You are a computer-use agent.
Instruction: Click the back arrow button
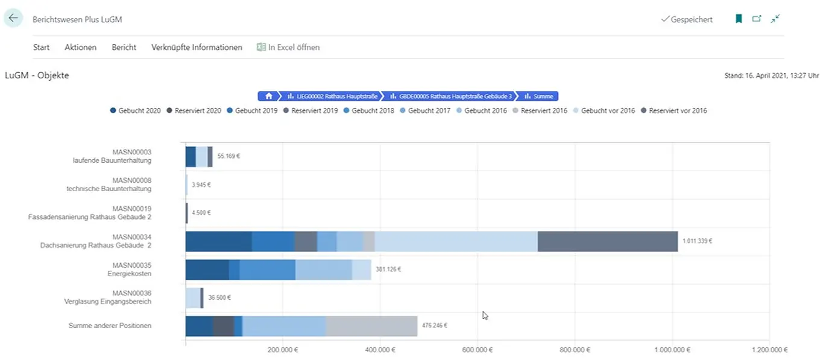click(13, 19)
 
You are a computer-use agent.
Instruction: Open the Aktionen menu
click(80, 47)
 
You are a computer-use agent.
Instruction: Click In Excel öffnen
click(288, 47)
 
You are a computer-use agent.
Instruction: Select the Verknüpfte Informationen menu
click(197, 47)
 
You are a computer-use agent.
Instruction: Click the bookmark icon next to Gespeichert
click(739, 19)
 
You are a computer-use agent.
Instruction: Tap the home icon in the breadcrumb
click(268, 96)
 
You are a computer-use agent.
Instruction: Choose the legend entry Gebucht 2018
click(368, 111)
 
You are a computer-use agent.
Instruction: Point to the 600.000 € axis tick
click(478, 350)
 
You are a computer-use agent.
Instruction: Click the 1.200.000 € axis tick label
click(769, 350)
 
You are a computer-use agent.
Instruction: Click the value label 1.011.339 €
click(697, 241)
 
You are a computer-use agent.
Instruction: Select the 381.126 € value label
click(388, 269)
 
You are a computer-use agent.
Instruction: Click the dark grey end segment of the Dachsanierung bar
click(607, 241)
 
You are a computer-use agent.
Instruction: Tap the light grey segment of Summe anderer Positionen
click(371, 326)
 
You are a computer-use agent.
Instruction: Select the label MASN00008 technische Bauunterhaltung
click(109, 184)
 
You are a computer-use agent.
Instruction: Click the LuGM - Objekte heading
click(37, 75)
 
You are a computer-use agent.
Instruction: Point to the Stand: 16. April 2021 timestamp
click(771, 76)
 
